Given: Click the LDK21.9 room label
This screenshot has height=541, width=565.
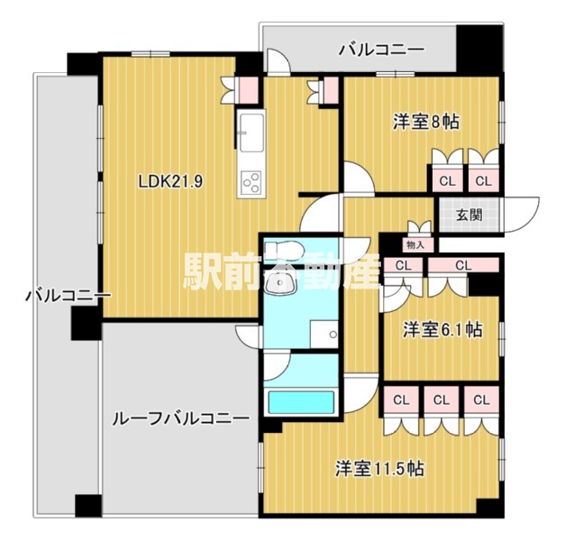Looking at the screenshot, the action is [170, 182].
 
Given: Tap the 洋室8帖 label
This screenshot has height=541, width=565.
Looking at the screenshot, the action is [426, 122].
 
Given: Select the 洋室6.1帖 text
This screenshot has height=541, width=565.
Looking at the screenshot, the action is [442, 329].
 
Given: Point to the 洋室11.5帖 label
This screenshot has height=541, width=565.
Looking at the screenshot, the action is [379, 469].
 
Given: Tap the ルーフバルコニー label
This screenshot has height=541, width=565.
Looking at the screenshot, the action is [181, 418].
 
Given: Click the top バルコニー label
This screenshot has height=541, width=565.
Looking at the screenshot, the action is [381, 50].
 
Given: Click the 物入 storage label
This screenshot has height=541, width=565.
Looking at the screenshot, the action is [415, 245].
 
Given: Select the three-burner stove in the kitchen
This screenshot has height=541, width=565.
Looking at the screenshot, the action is [251, 183].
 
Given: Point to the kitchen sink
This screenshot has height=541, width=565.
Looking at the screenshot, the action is [251, 133].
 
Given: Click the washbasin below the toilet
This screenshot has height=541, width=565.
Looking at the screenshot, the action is [280, 282].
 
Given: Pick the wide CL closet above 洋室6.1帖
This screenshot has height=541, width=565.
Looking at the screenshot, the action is [463, 265].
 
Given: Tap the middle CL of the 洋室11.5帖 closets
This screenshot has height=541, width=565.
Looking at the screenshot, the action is [442, 399].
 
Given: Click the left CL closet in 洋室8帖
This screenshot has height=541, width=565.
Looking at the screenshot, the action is [447, 180].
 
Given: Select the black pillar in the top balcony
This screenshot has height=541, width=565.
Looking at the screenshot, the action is [478, 49].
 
